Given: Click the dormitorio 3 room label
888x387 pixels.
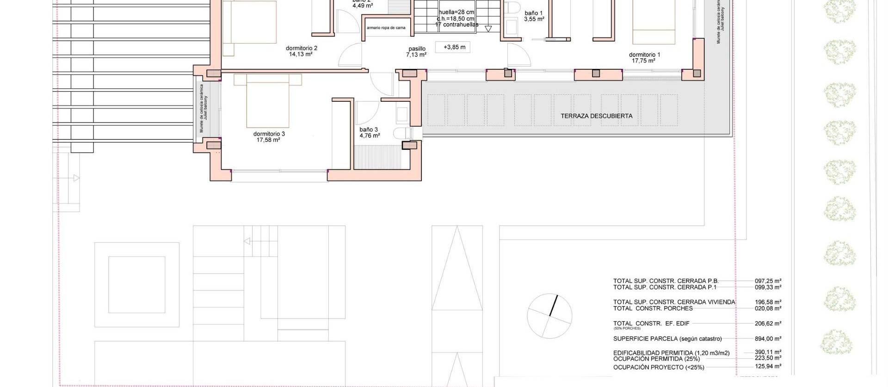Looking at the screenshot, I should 269,134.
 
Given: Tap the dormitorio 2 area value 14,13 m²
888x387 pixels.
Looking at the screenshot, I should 301,54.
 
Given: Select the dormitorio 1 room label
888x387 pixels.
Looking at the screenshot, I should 644,55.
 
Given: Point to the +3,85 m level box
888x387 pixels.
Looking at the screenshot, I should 454,47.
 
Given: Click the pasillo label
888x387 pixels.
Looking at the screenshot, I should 417,49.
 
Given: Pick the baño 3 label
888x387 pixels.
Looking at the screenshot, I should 369,130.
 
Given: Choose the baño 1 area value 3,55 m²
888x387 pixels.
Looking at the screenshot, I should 534,19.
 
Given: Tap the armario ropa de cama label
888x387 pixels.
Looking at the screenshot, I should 386,28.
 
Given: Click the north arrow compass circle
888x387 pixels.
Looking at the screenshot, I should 549,316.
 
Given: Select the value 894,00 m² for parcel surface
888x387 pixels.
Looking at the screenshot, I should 768,339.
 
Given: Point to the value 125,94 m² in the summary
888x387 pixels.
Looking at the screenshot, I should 768,366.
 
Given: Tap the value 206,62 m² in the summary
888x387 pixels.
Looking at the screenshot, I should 768,324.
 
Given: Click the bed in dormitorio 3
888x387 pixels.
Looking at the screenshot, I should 268,102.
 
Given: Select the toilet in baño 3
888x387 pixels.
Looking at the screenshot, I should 401,134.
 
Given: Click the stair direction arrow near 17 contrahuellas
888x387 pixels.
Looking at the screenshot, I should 488,29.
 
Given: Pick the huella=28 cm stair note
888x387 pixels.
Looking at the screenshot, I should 456,12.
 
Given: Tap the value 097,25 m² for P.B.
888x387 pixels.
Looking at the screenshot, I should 768,281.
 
